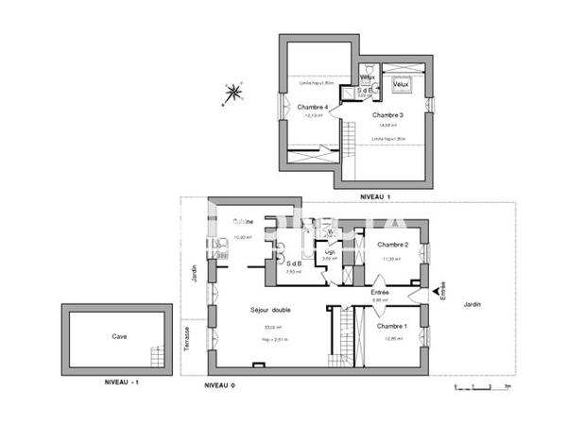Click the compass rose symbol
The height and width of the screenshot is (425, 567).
click(231, 93)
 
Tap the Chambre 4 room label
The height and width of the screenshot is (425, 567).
click(312, 108)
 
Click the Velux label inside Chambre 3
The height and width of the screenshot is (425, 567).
click(399, 84)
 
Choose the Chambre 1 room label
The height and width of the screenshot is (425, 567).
click(391, 326)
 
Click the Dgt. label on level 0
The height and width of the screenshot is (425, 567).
click(330, 252)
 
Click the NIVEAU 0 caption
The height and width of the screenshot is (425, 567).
click(219, 386)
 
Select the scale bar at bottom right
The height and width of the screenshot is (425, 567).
click(482, 385)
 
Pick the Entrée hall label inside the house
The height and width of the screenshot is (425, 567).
click(380, 293)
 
